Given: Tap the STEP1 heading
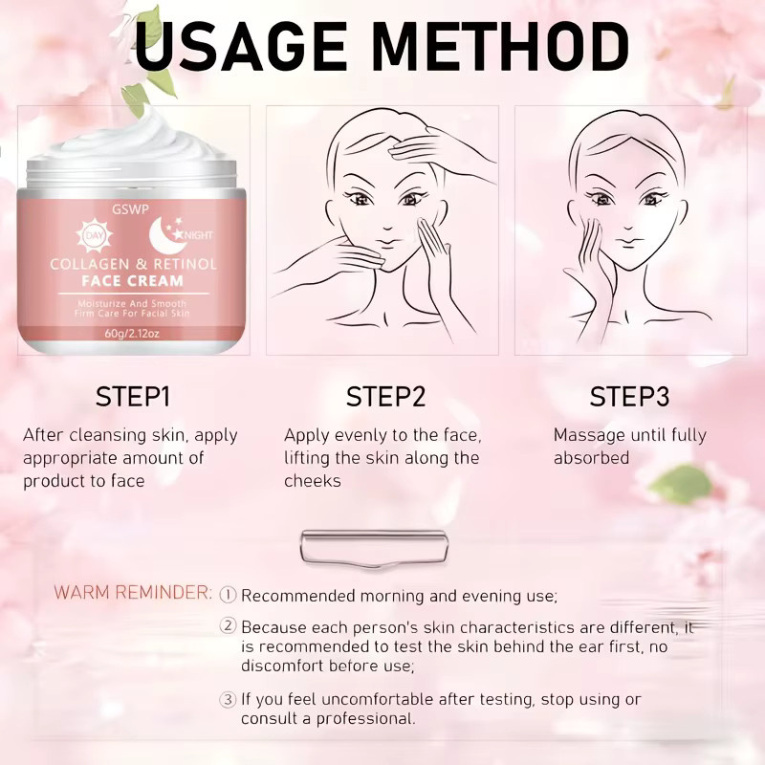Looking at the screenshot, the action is coord(133,397).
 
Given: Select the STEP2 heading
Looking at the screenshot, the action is coord(385,397).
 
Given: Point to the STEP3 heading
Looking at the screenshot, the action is coord(629,397).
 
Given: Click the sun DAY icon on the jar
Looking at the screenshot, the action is coord(94,235).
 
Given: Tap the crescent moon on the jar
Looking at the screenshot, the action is coord(164,235).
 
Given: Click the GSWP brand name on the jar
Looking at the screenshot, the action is coord(130,209).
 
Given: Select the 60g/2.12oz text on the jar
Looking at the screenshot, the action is coord(132,334).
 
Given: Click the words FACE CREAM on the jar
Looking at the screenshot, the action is coord(133,281).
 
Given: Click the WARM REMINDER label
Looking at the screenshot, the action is coord(133,592).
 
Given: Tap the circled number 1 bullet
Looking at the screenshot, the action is coord(228,595).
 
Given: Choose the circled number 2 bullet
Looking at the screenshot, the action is coord(228,626).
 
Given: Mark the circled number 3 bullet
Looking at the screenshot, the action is coord(228,699).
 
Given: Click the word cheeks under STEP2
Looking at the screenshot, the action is coord(313,481).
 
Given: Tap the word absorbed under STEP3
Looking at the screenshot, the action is coord(591,458).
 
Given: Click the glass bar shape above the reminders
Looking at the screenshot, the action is coord(374,548).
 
